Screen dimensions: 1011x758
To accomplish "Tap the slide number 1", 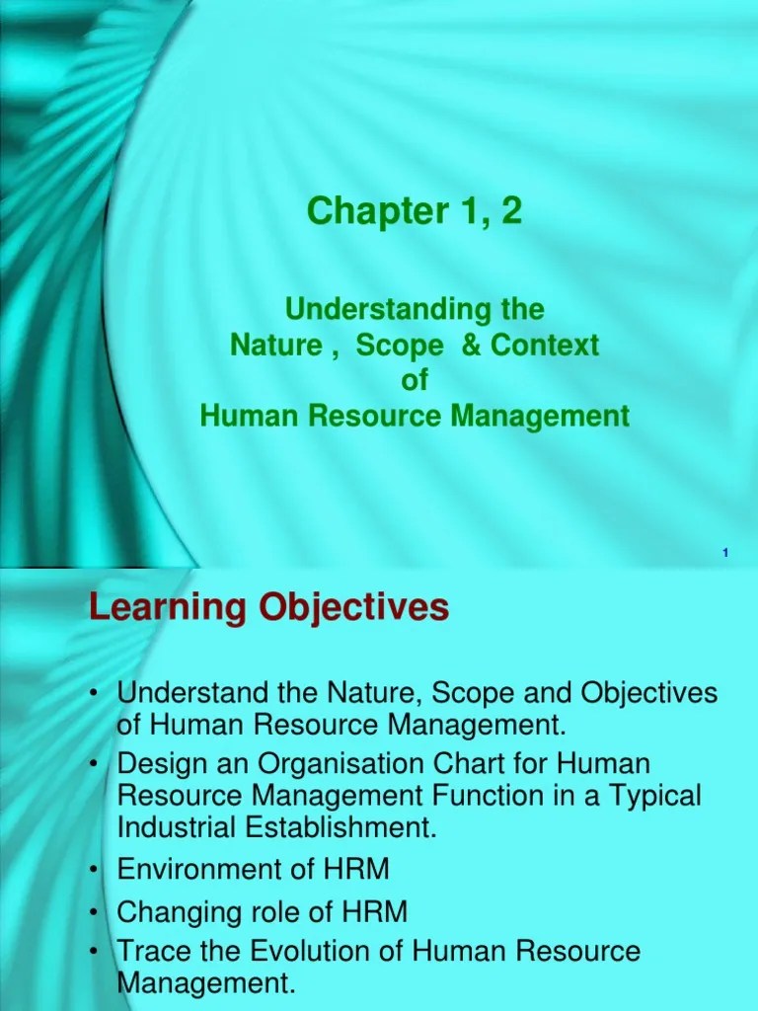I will (725, 554).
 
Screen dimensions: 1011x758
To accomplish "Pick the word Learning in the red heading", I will (167, 608).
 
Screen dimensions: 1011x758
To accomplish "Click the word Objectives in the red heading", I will (354, 608).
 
